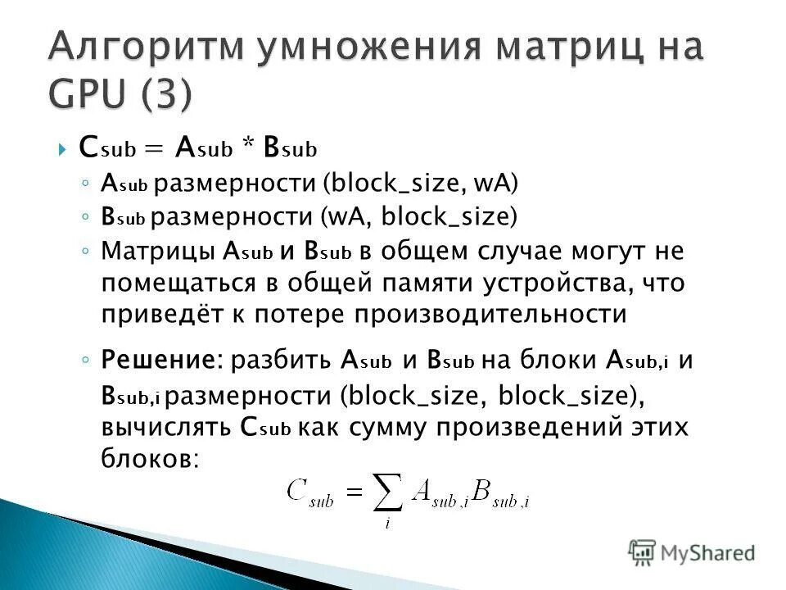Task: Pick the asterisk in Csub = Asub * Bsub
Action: click(x=247, y=149)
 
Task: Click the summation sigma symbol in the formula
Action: click(x=387, y=492)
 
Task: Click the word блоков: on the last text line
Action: click(x=150, y=458)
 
